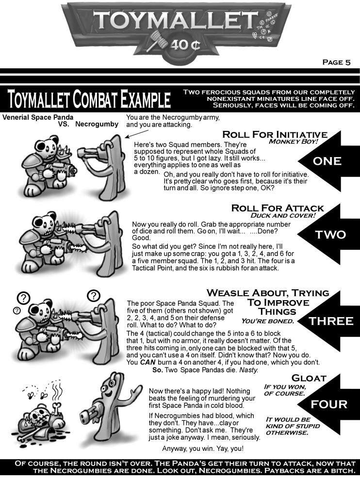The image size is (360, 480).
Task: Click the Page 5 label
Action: tap(336, 63)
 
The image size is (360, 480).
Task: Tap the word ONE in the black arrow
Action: tap(327, 161)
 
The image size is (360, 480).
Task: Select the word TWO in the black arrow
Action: tap(330, 235)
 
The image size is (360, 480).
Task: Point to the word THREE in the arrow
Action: tap(331, 321)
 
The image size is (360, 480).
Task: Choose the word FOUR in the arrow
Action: tap(329, 404)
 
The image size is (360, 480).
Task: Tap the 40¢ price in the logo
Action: tap(185, 45)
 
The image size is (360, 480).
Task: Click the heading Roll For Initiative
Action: tap(275, 134)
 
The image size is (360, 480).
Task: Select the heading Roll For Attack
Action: tap(277, 208)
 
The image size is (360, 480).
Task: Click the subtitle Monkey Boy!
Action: tap(293, 142)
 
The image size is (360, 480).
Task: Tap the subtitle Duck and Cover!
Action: tap(283, 215)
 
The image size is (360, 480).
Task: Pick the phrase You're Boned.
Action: tap(267, 321)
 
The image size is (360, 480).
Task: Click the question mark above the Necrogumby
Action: tap(94, 296)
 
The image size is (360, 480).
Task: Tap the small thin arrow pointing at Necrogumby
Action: tap(137, 134)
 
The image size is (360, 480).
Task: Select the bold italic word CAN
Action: tap(148, 363)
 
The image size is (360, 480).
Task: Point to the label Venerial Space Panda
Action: tap(38, 117)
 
